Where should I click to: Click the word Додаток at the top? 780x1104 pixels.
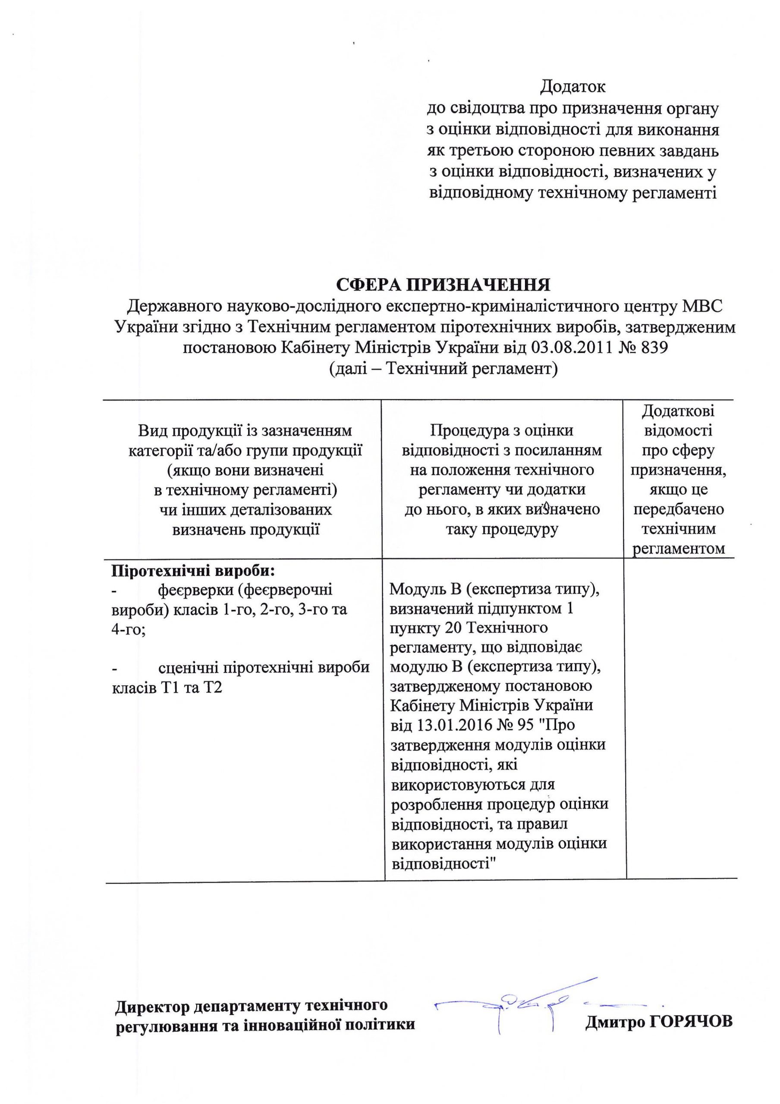[572, 87]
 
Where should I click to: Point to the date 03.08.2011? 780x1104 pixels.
[572, 348]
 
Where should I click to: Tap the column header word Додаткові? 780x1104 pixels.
[678, 411]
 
